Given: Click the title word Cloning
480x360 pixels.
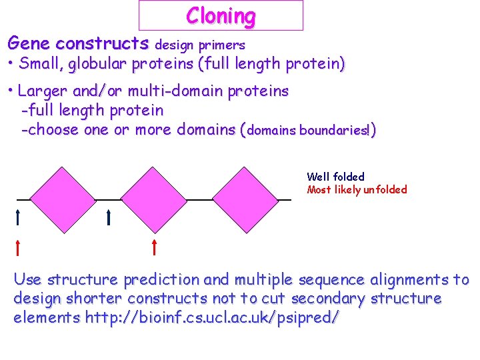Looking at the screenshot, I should pos(221,15).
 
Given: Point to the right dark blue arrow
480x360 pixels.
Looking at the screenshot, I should pos(108,217).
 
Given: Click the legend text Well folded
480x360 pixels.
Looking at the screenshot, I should pos(335,177).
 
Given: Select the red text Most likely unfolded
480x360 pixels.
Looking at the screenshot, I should pos(357,189).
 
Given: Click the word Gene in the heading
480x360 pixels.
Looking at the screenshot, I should pos(29,44).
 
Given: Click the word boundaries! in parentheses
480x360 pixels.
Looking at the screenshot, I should pos(335,131).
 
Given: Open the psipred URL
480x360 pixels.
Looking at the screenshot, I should pos(212,318).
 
